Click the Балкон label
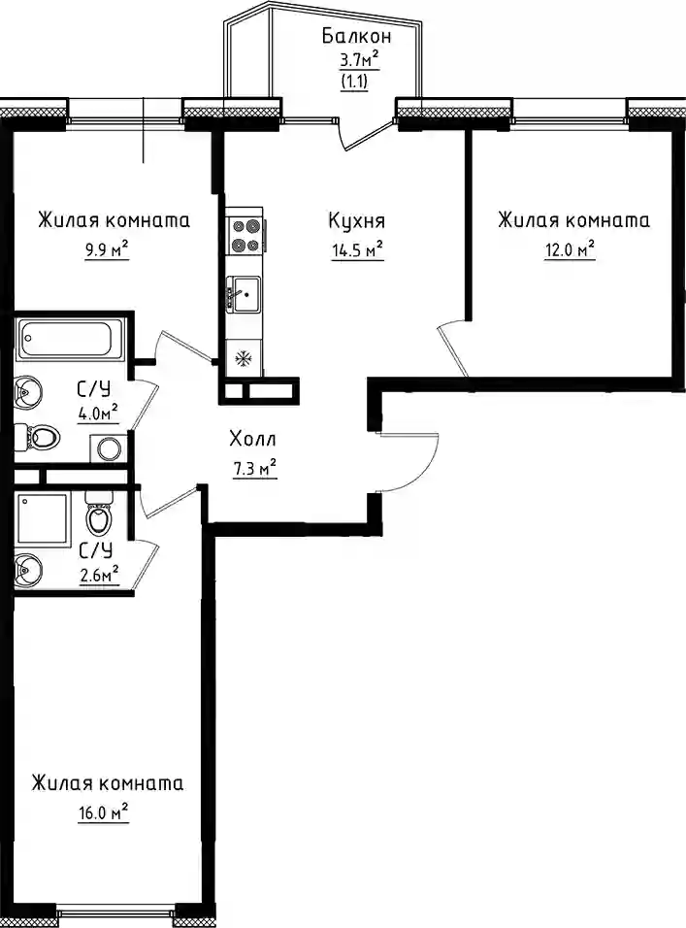coord(356,37)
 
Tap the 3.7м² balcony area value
coord(357,60)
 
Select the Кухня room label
coord(357,220)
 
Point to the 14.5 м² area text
coord(358,250)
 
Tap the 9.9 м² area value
coord(107,250)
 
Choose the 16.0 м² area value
coord(104,812)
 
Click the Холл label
coord(252,440)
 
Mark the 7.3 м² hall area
coord(255,469)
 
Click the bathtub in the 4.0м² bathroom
coord(71,339)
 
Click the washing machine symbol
coord(109,449)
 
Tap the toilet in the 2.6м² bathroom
coord(98,514)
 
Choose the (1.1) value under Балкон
coord(355,82)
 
